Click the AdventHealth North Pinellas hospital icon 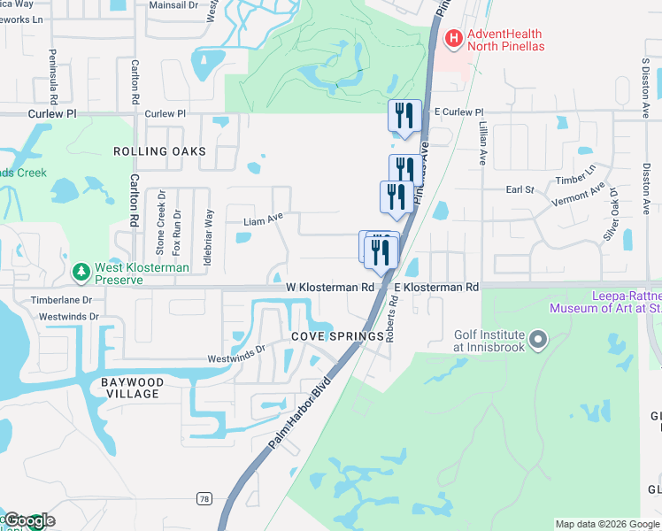tap(454, 37)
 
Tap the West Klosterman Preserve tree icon tap(81, 271)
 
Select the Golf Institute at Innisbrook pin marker tap(539, 339)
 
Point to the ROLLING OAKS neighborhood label tap(159, 151)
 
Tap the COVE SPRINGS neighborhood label tap(337, 336)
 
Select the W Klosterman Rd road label tap(330, 288)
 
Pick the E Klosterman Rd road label tap(436, 288)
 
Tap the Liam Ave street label tap(263, 217)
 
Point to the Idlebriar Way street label tap(210, 230)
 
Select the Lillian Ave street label tap(483, 145)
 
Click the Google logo tap(28, 520)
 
